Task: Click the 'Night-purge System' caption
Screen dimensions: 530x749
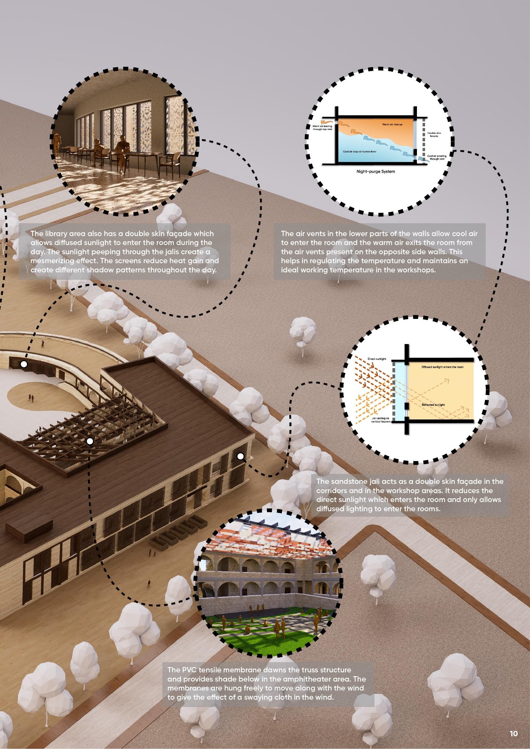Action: point(376,171)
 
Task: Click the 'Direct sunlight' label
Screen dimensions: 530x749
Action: point(377,359)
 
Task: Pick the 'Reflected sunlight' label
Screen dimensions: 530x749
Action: point(433,404)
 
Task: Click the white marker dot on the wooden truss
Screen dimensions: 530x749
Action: point(90,441)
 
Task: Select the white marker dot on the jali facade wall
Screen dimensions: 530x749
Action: point(241,456)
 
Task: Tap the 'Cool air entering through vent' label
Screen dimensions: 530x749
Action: point(436,158)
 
